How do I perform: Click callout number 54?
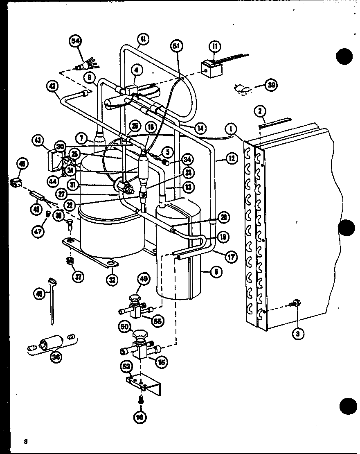76,41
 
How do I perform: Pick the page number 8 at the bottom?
25,441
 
